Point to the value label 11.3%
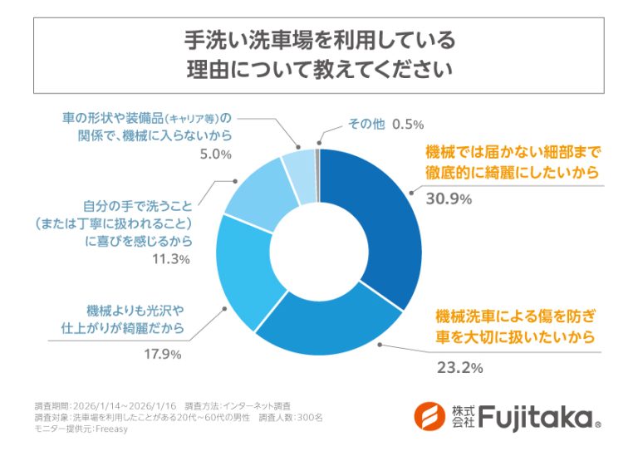(x=172, y=260)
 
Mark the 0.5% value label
(x=408, y=124)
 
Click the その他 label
(x=365, y=124)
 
